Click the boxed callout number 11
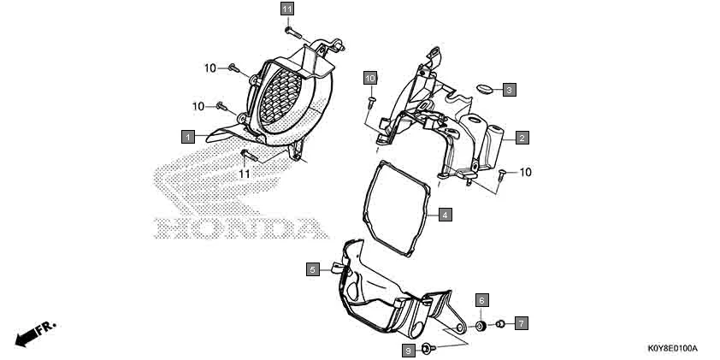coord(287,9)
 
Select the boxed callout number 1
coord(187,136)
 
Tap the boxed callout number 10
coord(370,79)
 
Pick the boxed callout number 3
coord(508,89)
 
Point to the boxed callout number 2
coord(520,136)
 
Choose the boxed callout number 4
coord(445,215)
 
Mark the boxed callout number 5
coord(314,269)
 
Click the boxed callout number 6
coord(481,300)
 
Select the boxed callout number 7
coord(521,323)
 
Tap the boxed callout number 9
coord(410,350)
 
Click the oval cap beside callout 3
coord(483,89)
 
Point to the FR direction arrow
coord(34,333)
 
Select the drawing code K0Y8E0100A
coord(671,349)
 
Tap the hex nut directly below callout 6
coord(481,325)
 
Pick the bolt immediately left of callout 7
coord(501,323)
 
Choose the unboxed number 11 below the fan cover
coord(244,174)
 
